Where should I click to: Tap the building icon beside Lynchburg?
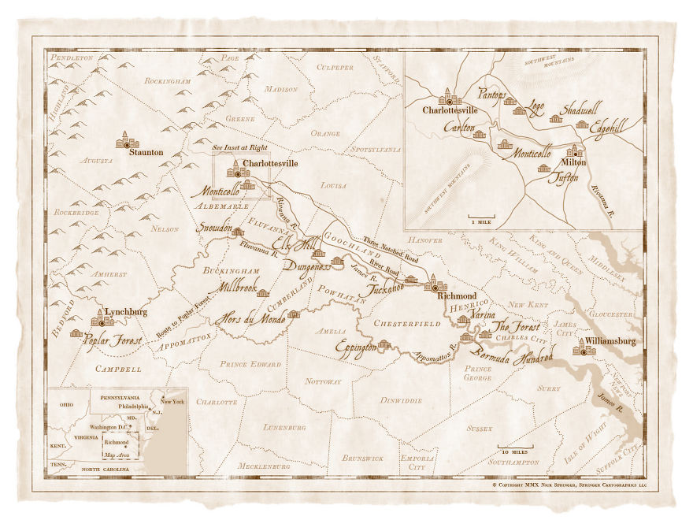[102, 318]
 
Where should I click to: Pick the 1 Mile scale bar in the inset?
[483, 217]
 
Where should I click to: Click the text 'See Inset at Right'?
[241, 147]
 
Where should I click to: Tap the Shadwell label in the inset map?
[579, 110]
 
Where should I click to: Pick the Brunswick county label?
[363, 458]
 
